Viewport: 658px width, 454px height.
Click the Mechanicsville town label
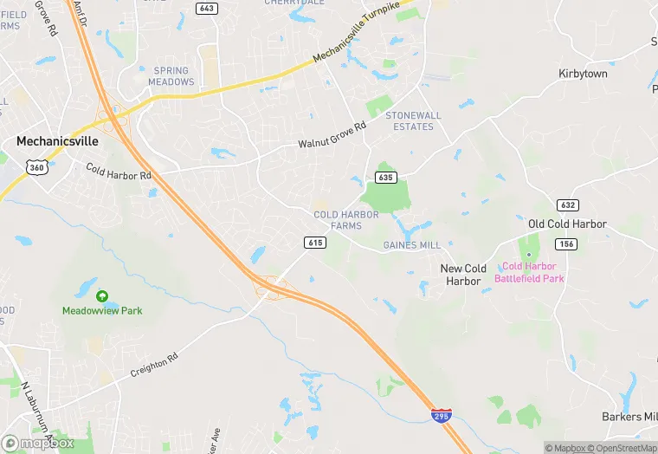[57, 140]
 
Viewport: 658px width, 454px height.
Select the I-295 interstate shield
[441, 416]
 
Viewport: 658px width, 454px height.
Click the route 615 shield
[314, 243]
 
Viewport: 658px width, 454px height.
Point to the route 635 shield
[386, 178]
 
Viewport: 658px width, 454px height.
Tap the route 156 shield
[567, 244]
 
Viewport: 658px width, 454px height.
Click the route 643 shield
[206, 9]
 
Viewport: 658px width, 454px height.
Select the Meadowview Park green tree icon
[102, 296]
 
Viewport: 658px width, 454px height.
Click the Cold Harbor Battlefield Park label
[529, 272]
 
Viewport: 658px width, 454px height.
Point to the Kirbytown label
[583, 74]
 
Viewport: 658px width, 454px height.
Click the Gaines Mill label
[411, 245]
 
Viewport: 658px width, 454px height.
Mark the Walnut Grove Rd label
[332, 136]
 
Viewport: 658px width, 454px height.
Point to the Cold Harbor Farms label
[346, 220]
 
